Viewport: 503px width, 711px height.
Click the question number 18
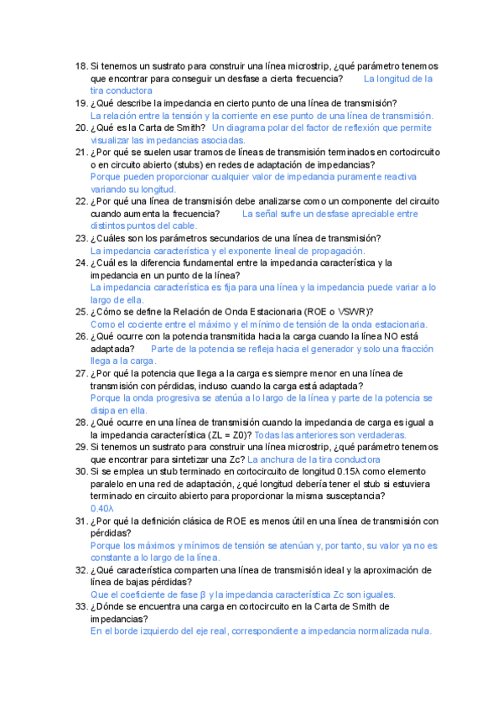[80, 66]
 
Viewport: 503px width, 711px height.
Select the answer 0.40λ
[102, 508]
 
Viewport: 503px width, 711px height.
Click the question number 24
[80, 262]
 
